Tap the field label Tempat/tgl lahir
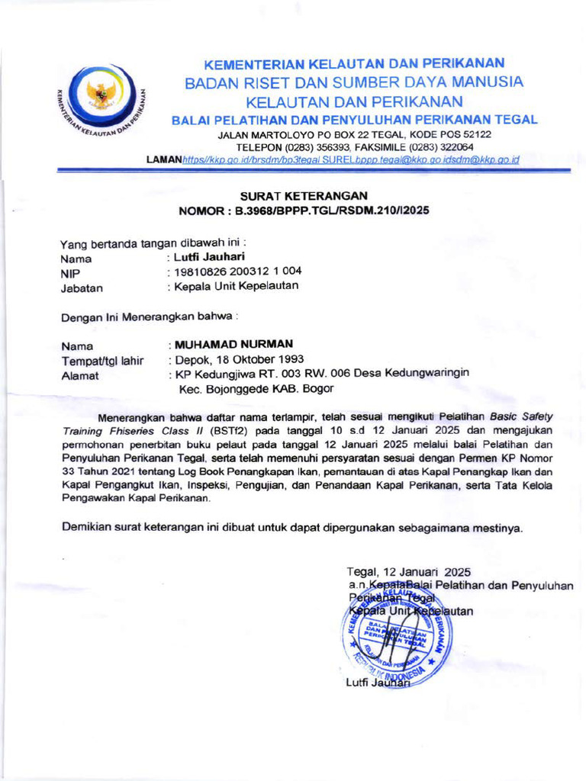102,361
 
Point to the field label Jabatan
82,288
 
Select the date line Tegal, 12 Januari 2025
408,571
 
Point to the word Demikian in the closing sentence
87,528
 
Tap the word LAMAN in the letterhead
163,159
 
